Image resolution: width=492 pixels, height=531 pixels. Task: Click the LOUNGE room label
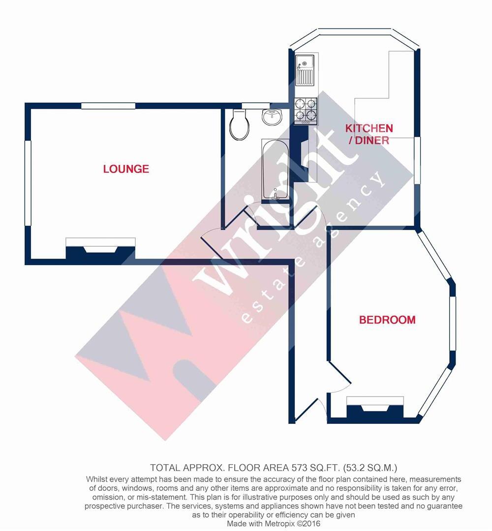click(126, 169)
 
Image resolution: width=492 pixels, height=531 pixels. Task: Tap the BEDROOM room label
click(387, 320)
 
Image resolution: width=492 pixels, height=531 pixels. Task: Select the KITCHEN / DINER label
click(369, 134)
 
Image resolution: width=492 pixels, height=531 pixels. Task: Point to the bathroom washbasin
click(272, 117)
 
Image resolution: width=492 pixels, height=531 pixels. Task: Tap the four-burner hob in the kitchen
click(306, 111)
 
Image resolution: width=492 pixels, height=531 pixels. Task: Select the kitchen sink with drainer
click(305, 70)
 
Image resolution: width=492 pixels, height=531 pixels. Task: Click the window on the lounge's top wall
click(108, 105)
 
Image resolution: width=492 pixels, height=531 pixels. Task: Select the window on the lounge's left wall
click(28, 183)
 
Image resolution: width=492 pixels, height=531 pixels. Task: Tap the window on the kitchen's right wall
click(417, 160)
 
